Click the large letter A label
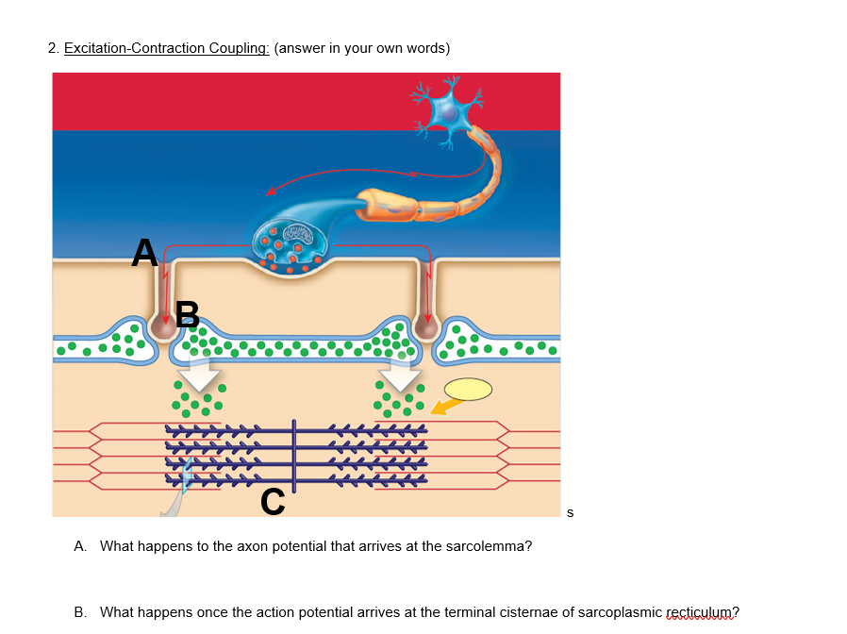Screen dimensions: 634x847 pyautogui.click(x=144, y=252)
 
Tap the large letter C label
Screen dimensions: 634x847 pyautogui.click(x=273, y=502)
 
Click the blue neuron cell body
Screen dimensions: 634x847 pyautogui.click(x=450, y=111)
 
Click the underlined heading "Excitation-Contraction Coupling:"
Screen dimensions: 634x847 pyautogui.click(x=167, y=49)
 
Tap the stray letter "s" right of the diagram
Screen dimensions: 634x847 pyautogui.click(x=569, y=513)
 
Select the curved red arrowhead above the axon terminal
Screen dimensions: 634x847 pyautogui.click(x=272, y=192)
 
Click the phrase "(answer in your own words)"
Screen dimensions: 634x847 pyautogui.click(x=361, y=49)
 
